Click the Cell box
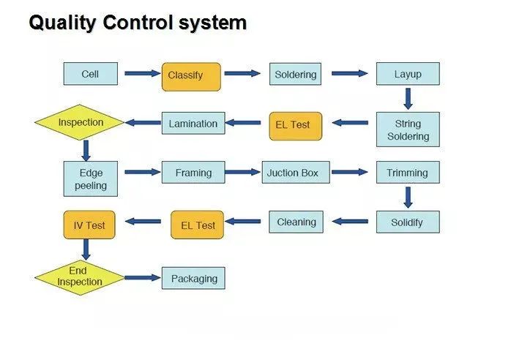click(x=90, y=74)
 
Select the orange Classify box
click(x=190, y=75)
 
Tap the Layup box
click(x=408, y=74)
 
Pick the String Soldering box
click(x=408, y=130)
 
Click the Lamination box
click(x=193, y=124)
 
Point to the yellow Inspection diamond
click(x=81, y=123)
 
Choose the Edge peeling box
click(x=90, y=179)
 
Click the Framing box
click(x=193, y=173)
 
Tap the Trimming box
click(x=408, y=173)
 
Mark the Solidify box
click(x=408, y=222)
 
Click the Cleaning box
click(x=296, y=222)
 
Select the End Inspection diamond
click(x=80, y=277)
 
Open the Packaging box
click(x=194, y=278)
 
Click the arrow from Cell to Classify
click(x=142, y=73)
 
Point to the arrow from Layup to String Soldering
click(x=408, y=98)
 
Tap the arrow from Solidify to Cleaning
click(x=350, y=221)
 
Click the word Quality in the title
click(x=63, y=23)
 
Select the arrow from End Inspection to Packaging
click(x=143, y=278)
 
